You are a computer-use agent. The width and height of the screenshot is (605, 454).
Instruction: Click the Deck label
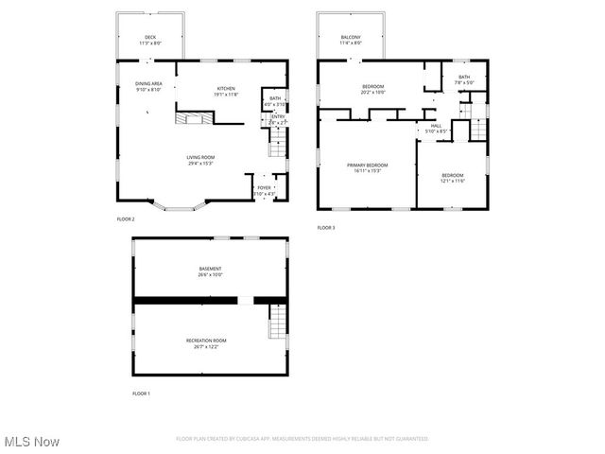click(150, 38)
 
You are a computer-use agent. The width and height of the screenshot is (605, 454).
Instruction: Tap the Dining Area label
click(149, 83)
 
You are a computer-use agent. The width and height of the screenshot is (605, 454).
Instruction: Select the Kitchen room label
click(226, 88)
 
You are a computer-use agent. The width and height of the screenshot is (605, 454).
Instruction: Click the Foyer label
click(264, 187)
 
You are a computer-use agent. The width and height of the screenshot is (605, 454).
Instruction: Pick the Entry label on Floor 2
click(278, 116)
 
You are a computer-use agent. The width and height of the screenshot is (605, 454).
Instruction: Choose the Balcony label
click(351, 38)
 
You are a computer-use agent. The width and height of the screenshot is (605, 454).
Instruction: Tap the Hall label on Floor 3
click(436, 125)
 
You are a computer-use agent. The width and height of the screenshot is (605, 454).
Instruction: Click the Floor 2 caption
click(126, 219)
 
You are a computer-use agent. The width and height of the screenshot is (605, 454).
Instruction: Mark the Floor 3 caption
click(326, 227)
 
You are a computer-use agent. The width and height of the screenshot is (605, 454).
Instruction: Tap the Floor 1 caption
click(141, 393)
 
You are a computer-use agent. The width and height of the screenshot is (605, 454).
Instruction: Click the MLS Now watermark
click(32, 442)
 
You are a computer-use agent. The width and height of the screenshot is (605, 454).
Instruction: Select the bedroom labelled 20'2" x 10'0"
click(373, 87)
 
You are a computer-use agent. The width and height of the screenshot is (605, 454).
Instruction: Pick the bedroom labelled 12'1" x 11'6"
click(453, 175)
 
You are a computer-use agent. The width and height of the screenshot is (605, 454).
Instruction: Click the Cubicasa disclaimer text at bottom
click(302, 439)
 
